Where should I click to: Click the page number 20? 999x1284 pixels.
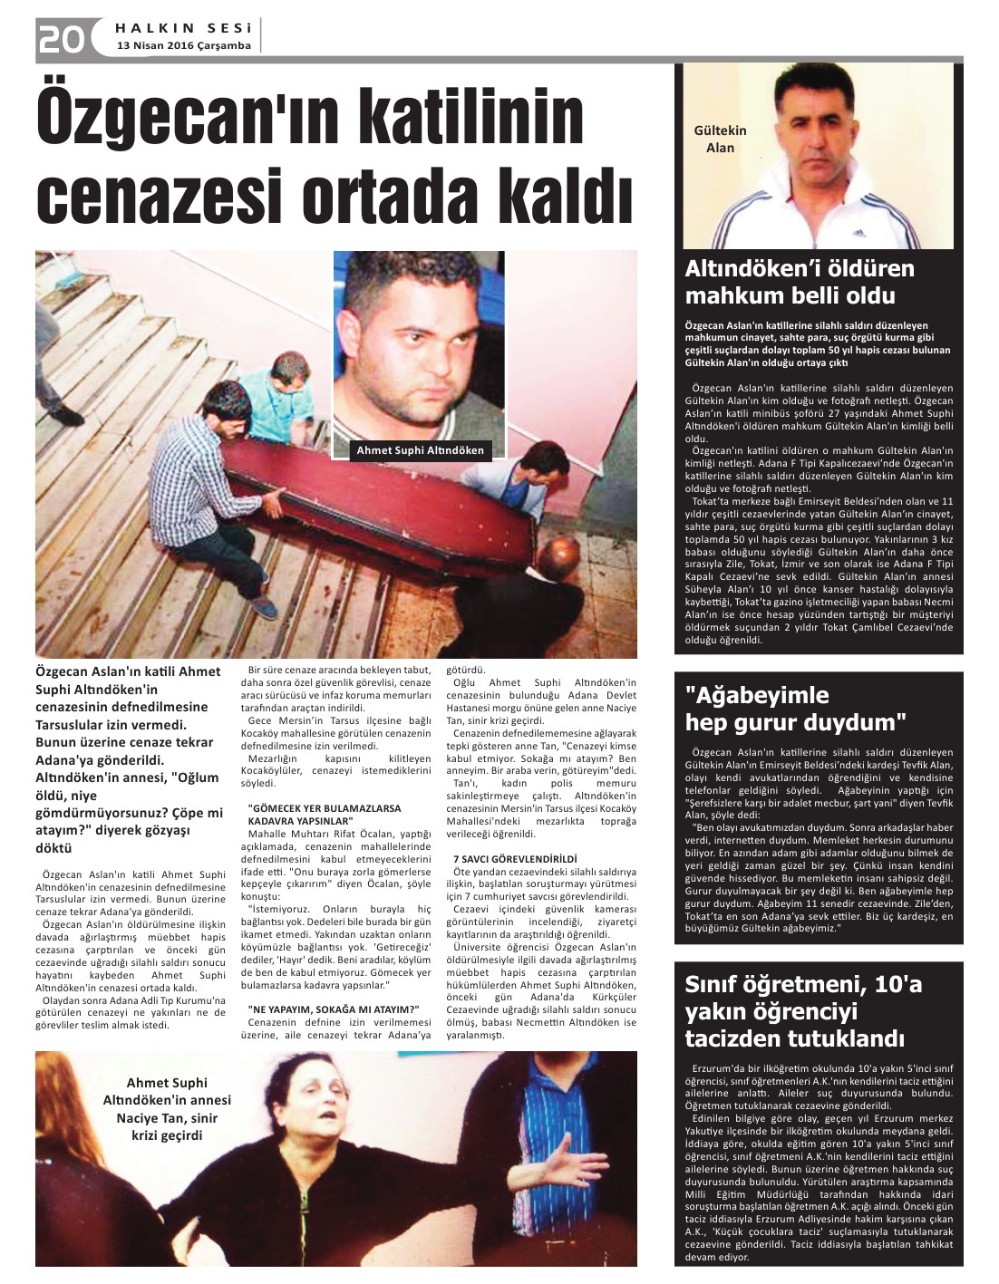pos(61,38)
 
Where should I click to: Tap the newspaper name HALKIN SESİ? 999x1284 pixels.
pos(185,28)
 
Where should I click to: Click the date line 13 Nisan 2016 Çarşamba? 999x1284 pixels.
pos(184,46)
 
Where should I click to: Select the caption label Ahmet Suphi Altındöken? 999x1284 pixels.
pos(420,450)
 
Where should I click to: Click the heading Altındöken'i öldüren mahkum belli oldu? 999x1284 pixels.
pos(800,282)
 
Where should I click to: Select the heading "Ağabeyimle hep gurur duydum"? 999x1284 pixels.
pos(795,709)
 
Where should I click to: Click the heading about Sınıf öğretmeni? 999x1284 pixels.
pos(803,1010)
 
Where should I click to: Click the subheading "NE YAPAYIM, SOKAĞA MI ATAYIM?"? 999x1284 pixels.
pos(333,1009)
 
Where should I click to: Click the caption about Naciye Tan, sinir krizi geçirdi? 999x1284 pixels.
pos(167,1109)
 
